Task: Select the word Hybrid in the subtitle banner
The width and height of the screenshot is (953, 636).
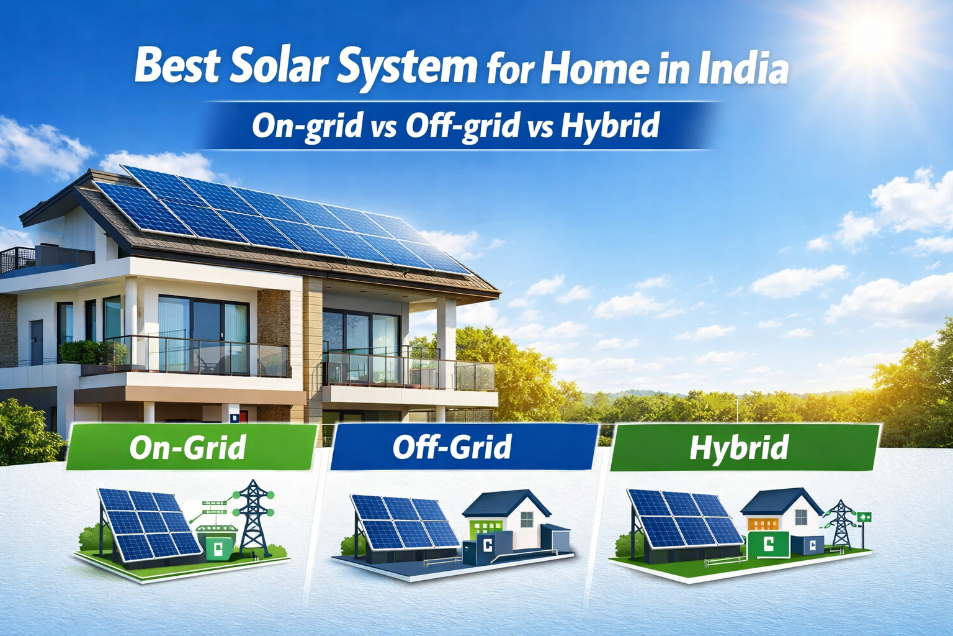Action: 610,126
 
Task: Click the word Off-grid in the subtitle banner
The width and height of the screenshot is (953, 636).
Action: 462,126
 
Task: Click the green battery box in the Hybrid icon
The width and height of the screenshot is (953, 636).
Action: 768,545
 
